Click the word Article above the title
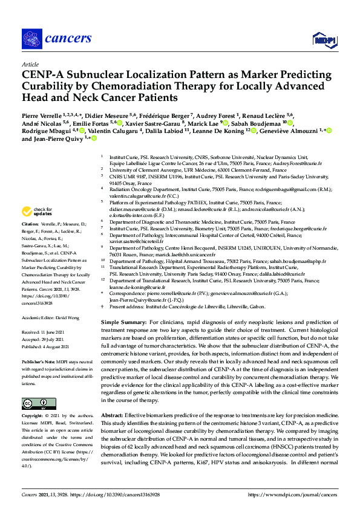[30, 63]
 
